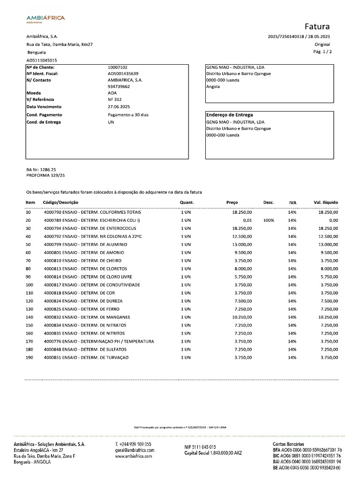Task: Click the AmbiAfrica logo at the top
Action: (x=45, y=19)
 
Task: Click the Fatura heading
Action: (x=317, y=26)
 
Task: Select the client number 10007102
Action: (x=118, y=67)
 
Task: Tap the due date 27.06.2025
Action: (x=119, y=106)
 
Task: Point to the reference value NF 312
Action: (x=115, y=99)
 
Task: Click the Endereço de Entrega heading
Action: (x=230, y=115)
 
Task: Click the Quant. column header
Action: (x=187, y=202)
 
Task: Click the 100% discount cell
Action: (x=269, y=220)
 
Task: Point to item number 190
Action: (x=30, y=358)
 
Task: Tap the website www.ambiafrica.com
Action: (x=134, y=456)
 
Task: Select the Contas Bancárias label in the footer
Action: (x=288, y=443)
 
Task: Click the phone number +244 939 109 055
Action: (x=133, y=444)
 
